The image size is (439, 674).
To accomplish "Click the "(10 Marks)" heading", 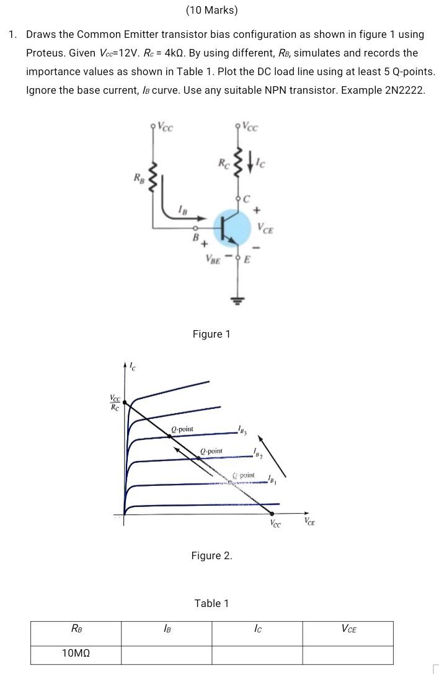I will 211,11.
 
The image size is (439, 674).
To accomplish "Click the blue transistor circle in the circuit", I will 230,228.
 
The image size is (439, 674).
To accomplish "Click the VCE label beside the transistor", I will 266,228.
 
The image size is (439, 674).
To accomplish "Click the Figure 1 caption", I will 211,335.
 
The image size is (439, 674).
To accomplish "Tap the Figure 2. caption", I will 211,555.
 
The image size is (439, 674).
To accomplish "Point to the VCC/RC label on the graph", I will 115,403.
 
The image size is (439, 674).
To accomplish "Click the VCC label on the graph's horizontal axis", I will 275,524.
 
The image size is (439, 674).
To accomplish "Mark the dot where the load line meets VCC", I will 272,513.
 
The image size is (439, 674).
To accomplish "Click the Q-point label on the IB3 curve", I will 182,429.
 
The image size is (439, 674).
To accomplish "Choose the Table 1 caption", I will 211,603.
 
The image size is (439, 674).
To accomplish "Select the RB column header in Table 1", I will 77,630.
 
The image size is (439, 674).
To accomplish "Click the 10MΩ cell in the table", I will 77,654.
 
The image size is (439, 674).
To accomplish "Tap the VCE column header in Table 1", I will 348,630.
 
